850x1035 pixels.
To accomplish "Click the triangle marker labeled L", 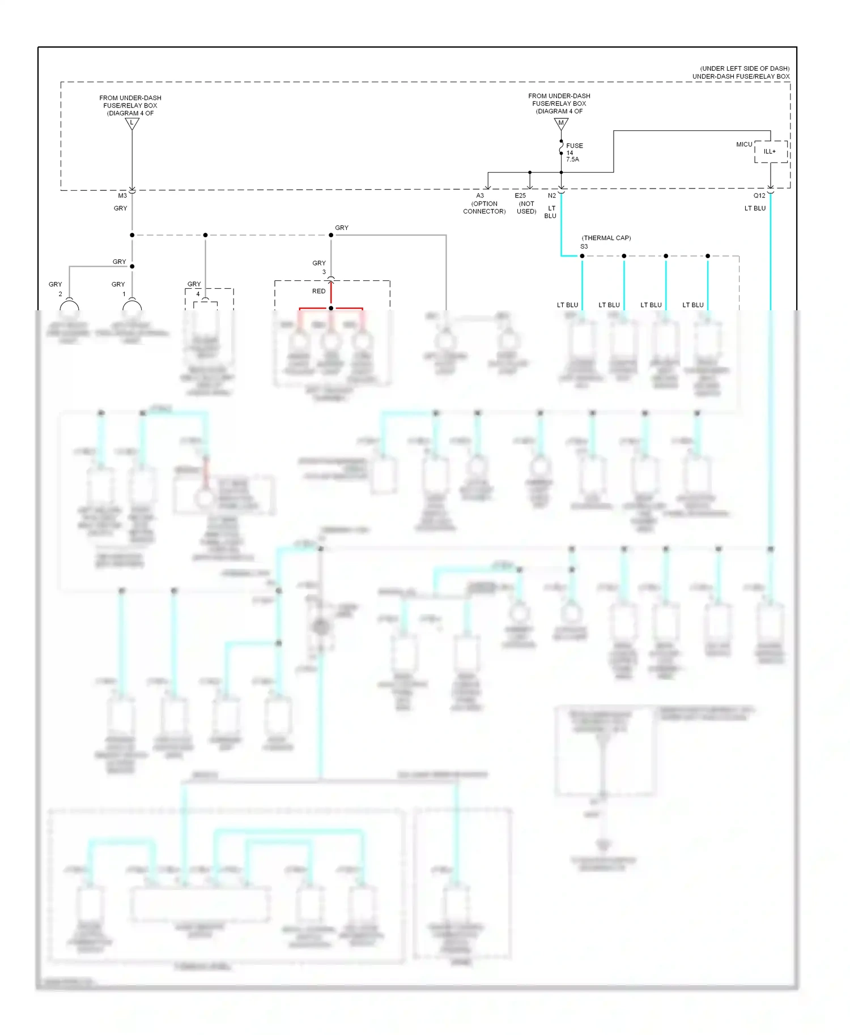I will click(x=132, y=123).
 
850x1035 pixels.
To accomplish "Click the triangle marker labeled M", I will click(x=561, y=122).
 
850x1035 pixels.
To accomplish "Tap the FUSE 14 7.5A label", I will click(x=573, y=152).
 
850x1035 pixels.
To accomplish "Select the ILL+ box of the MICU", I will click(x=770, y=152).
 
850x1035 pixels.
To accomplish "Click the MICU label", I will click(x=744, y=144).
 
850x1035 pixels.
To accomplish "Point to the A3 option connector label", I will click(x=483, y=203).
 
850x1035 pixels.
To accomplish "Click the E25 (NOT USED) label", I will click(x=526, y=203).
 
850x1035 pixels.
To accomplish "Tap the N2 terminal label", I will click(x=551, y=195).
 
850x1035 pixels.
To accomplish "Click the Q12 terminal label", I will click(x=759, y=195).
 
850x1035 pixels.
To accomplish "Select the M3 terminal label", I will click(x=122, y=195).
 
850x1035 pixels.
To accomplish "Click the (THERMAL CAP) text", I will click(x=606, y=238).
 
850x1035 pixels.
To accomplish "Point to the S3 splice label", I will click(x=584, y=246).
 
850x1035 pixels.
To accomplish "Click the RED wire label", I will click(x=318, y=291).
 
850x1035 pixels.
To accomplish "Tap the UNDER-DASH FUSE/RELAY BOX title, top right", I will click(x=741, y=76).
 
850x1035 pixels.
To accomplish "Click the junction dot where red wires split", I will click(x=331, y=308).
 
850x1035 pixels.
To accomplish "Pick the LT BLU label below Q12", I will click(x=754, y=208).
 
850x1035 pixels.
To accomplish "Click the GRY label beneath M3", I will click(x=120, y=208).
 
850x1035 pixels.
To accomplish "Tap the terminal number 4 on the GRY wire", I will click(x=198, y=294).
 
